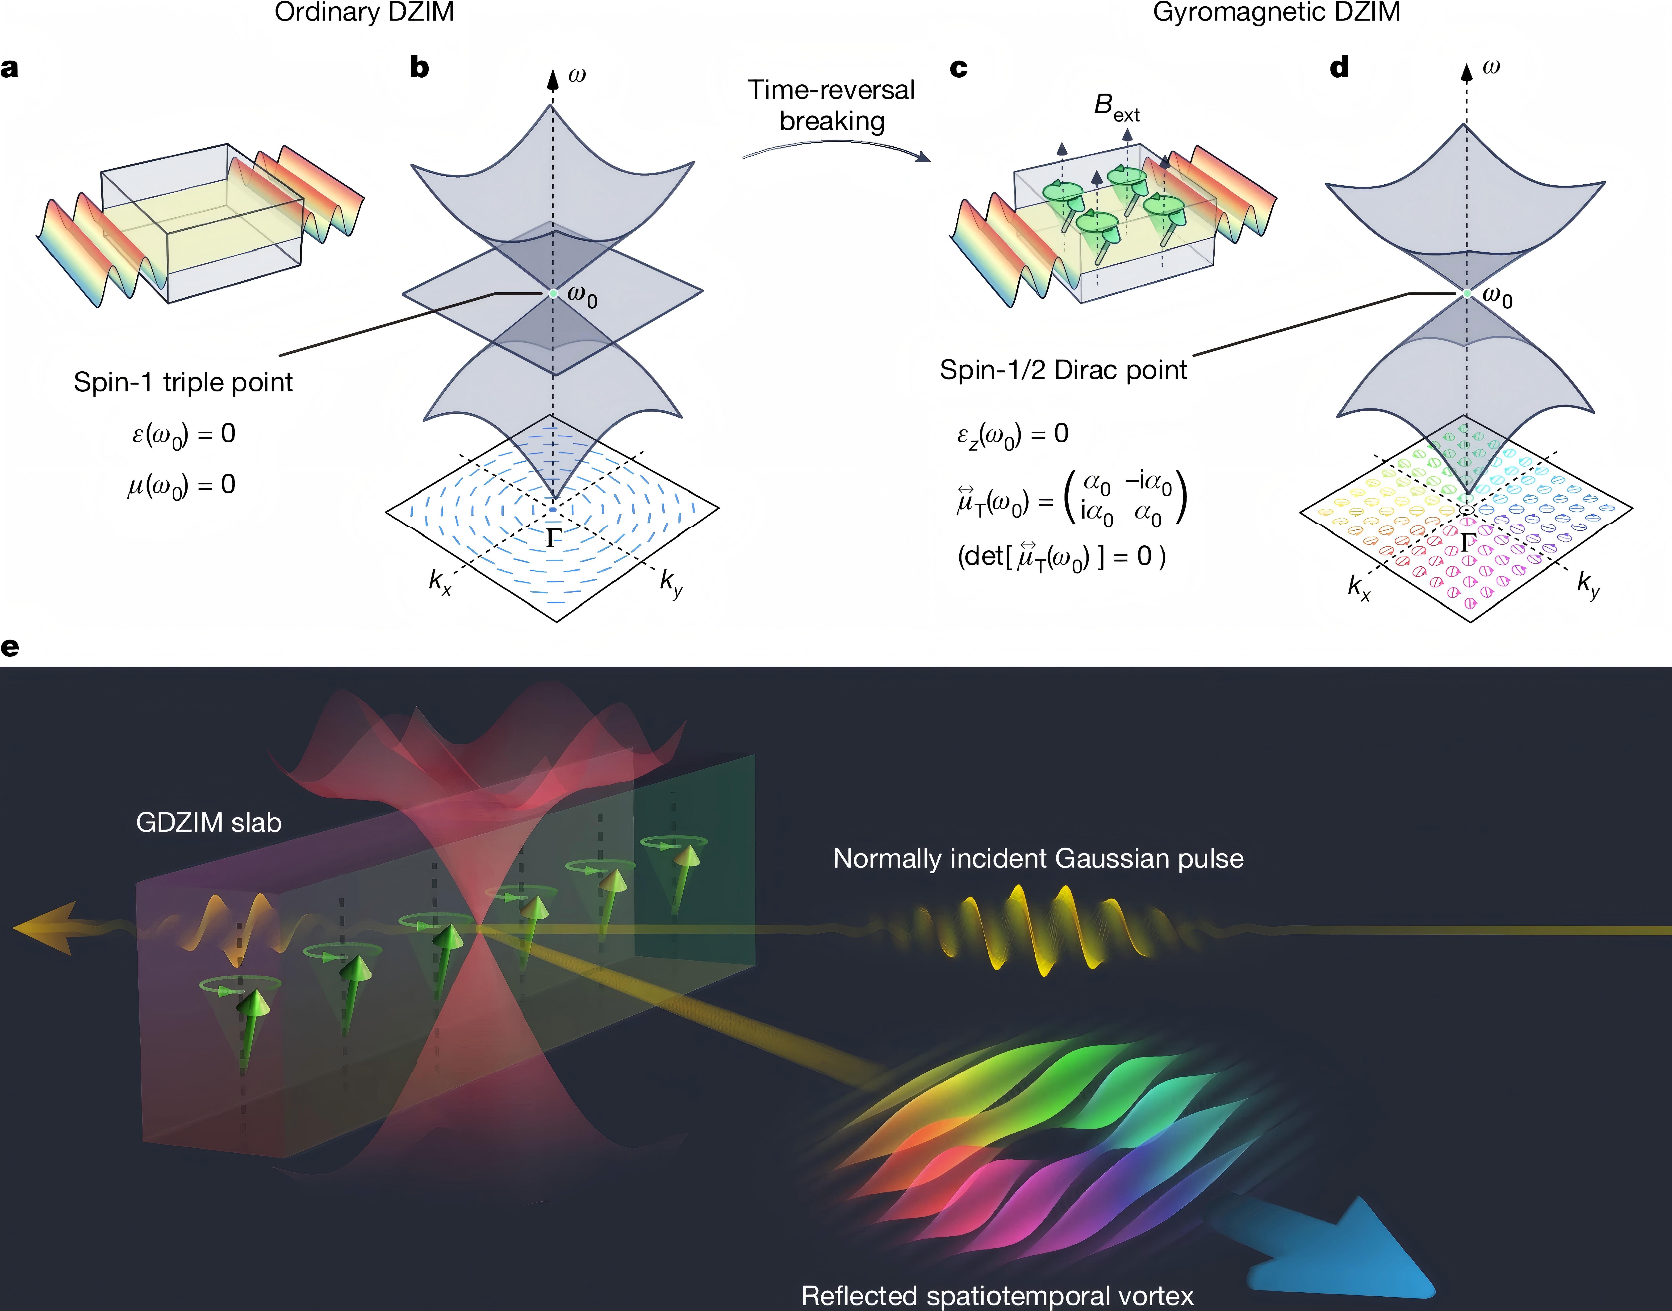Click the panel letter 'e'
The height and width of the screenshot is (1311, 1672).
[x=10, y=647]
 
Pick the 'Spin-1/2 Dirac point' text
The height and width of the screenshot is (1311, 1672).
[x=1063, y=370]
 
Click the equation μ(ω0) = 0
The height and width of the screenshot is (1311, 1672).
[x=182, y=485]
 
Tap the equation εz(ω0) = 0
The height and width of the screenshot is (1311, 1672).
[x=1012, y=434]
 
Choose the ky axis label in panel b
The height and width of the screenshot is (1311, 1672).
[x=671, y=583]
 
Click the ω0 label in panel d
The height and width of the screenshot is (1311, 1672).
[x=1497, y=295]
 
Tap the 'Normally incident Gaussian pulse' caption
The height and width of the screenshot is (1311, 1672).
[x=1038, y=858]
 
